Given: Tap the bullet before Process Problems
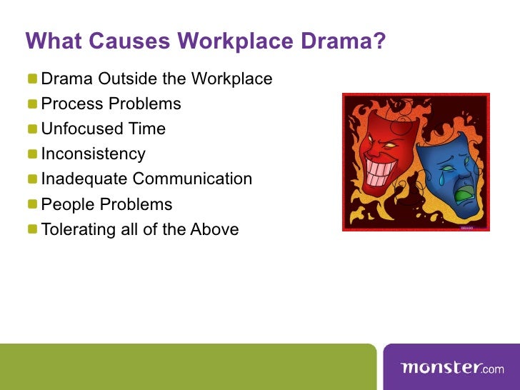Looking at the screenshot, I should click(33, 104).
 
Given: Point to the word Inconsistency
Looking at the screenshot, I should click(93, 154).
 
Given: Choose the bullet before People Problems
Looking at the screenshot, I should click(33, 205).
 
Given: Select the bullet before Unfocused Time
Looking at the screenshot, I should click(33, 129).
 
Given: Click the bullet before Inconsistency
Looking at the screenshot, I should click(33, 154).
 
